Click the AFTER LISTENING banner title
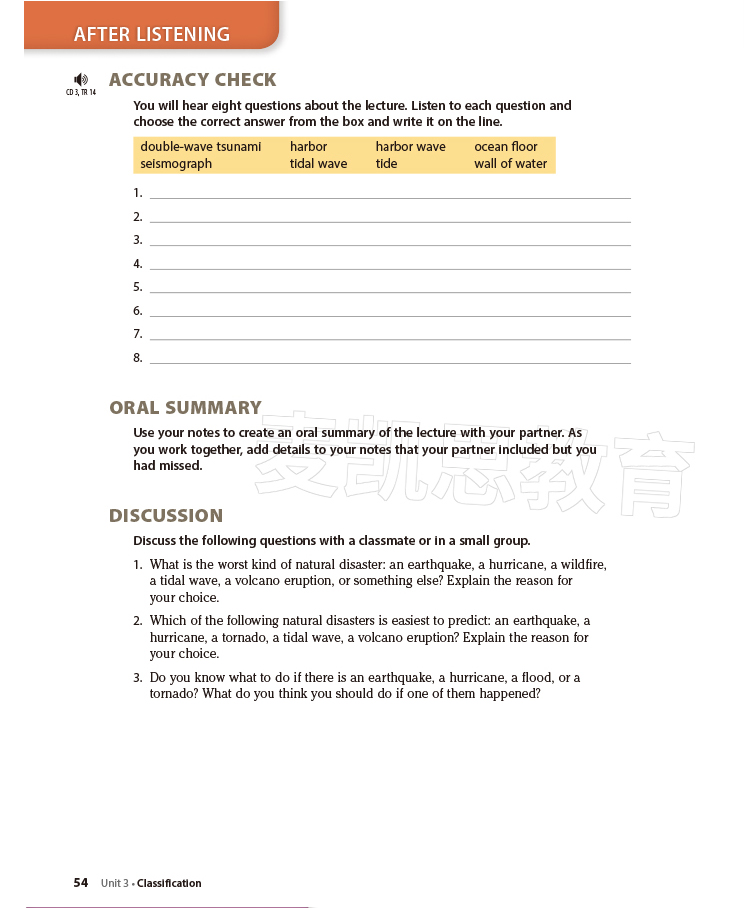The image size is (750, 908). [x=152, y=34]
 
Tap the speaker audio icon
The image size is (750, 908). [x=81, y=79]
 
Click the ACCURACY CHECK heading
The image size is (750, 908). [x=192, y=80]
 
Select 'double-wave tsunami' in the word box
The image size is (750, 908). [x=200, y=147]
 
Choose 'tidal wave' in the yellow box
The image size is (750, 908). [x=318, y=164]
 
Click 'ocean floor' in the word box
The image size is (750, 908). [x=505, y=147]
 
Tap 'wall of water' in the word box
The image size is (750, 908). [x=510, y=164]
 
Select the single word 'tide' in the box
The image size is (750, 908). [x=386, y=164]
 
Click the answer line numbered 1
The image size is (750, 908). [x=390, y=194]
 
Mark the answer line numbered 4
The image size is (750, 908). [x=390, y=265]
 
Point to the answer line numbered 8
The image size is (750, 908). [x=390, y=359]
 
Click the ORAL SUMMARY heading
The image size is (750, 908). [x=185, y=408]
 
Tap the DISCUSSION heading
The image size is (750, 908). [x=166, y=516]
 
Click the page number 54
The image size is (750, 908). [x=81, y=883]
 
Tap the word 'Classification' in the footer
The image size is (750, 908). [x=169, y=883]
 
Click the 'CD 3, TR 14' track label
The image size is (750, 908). [x=81, y=93]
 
